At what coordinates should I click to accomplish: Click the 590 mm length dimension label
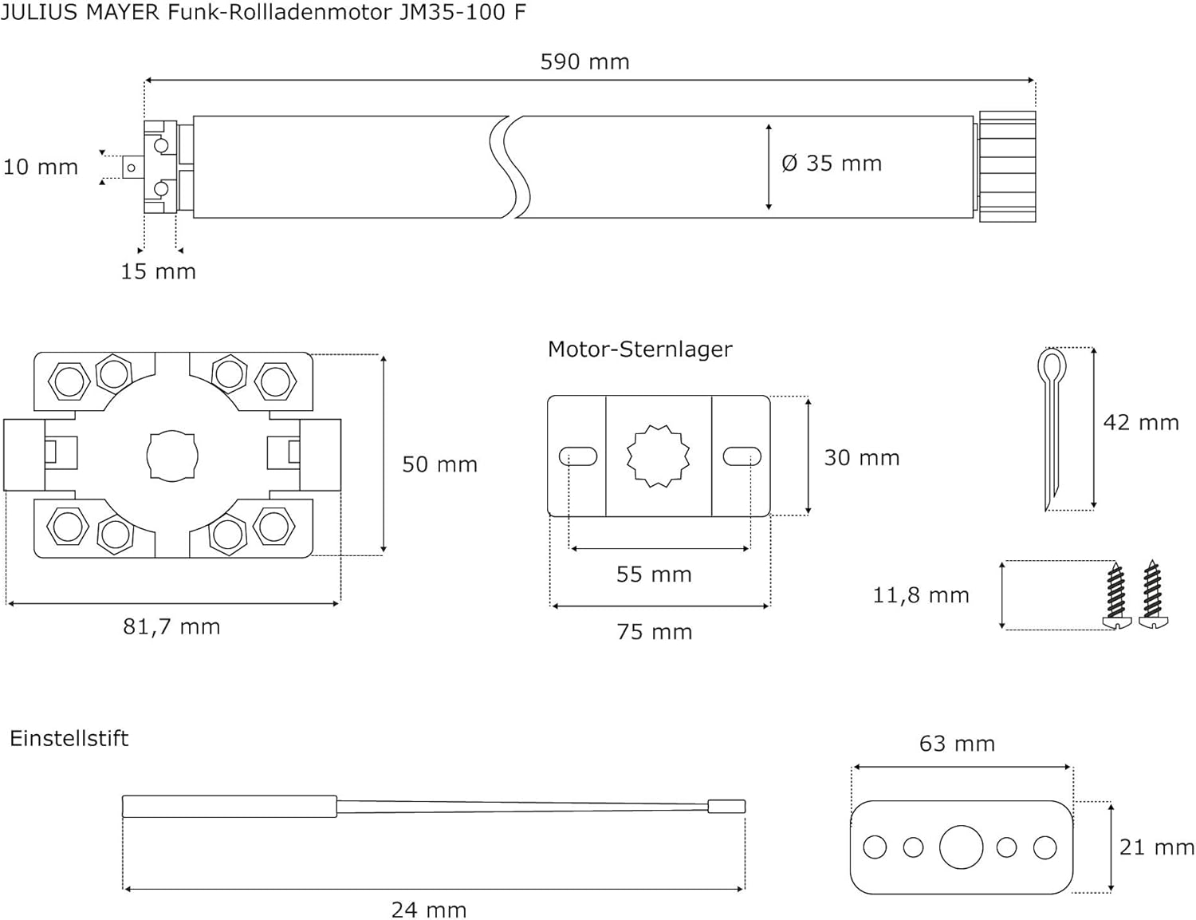tap(584, 61)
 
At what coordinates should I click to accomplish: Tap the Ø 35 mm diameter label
tap(832, 164)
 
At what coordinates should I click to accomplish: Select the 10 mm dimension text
tap(40, 168)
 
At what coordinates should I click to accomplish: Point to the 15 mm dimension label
tap(158, 271)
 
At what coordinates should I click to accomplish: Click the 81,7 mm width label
tap(171, 627)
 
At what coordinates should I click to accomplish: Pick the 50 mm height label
tap(439, 464)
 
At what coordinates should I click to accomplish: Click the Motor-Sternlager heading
tap(639, 349)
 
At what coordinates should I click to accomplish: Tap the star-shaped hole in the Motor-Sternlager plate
tap(659, 456)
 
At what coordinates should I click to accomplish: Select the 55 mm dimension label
tap(654, 575)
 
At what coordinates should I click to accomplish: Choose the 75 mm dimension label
tap(654, 632)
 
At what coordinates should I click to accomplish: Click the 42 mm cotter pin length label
tap(1141, 423)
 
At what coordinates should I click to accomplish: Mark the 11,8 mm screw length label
tap(921, 596)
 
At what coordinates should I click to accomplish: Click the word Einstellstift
tap(69, 739)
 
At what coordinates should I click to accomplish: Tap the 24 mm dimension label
tap(429, 910)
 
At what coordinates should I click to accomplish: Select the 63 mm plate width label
tap(957, 744)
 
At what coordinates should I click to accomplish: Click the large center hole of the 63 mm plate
tap(961, 847)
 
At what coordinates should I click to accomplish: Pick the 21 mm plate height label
tap(1157, 848)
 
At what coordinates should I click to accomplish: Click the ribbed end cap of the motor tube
tap(1007, 167)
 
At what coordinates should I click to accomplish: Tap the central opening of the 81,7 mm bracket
tap(172, 456)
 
